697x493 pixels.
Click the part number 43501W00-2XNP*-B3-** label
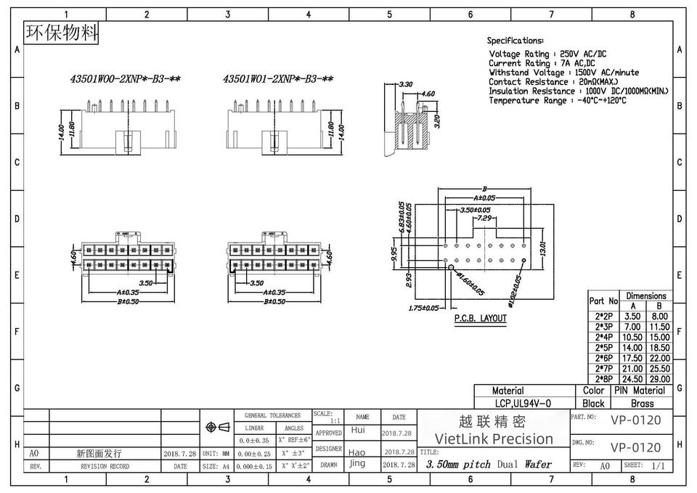coord(120,80)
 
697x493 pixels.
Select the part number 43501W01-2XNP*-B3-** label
coord(278,80)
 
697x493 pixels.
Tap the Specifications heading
coord(515,41)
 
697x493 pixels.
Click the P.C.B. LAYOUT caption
coord(481,318)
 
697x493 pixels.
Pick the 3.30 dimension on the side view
coord(406,85)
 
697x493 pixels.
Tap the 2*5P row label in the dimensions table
coord(603,348)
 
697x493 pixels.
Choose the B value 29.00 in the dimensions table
coord(658,379)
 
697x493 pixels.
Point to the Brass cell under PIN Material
coord(642,403)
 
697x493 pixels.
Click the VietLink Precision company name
coord(493,439)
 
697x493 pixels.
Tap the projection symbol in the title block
coord(219,426)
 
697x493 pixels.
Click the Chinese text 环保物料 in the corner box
coord(61,33)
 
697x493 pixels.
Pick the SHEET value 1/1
coord(659,465)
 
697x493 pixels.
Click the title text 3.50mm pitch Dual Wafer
coord(489,465)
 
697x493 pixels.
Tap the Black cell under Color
coord(593,403)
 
